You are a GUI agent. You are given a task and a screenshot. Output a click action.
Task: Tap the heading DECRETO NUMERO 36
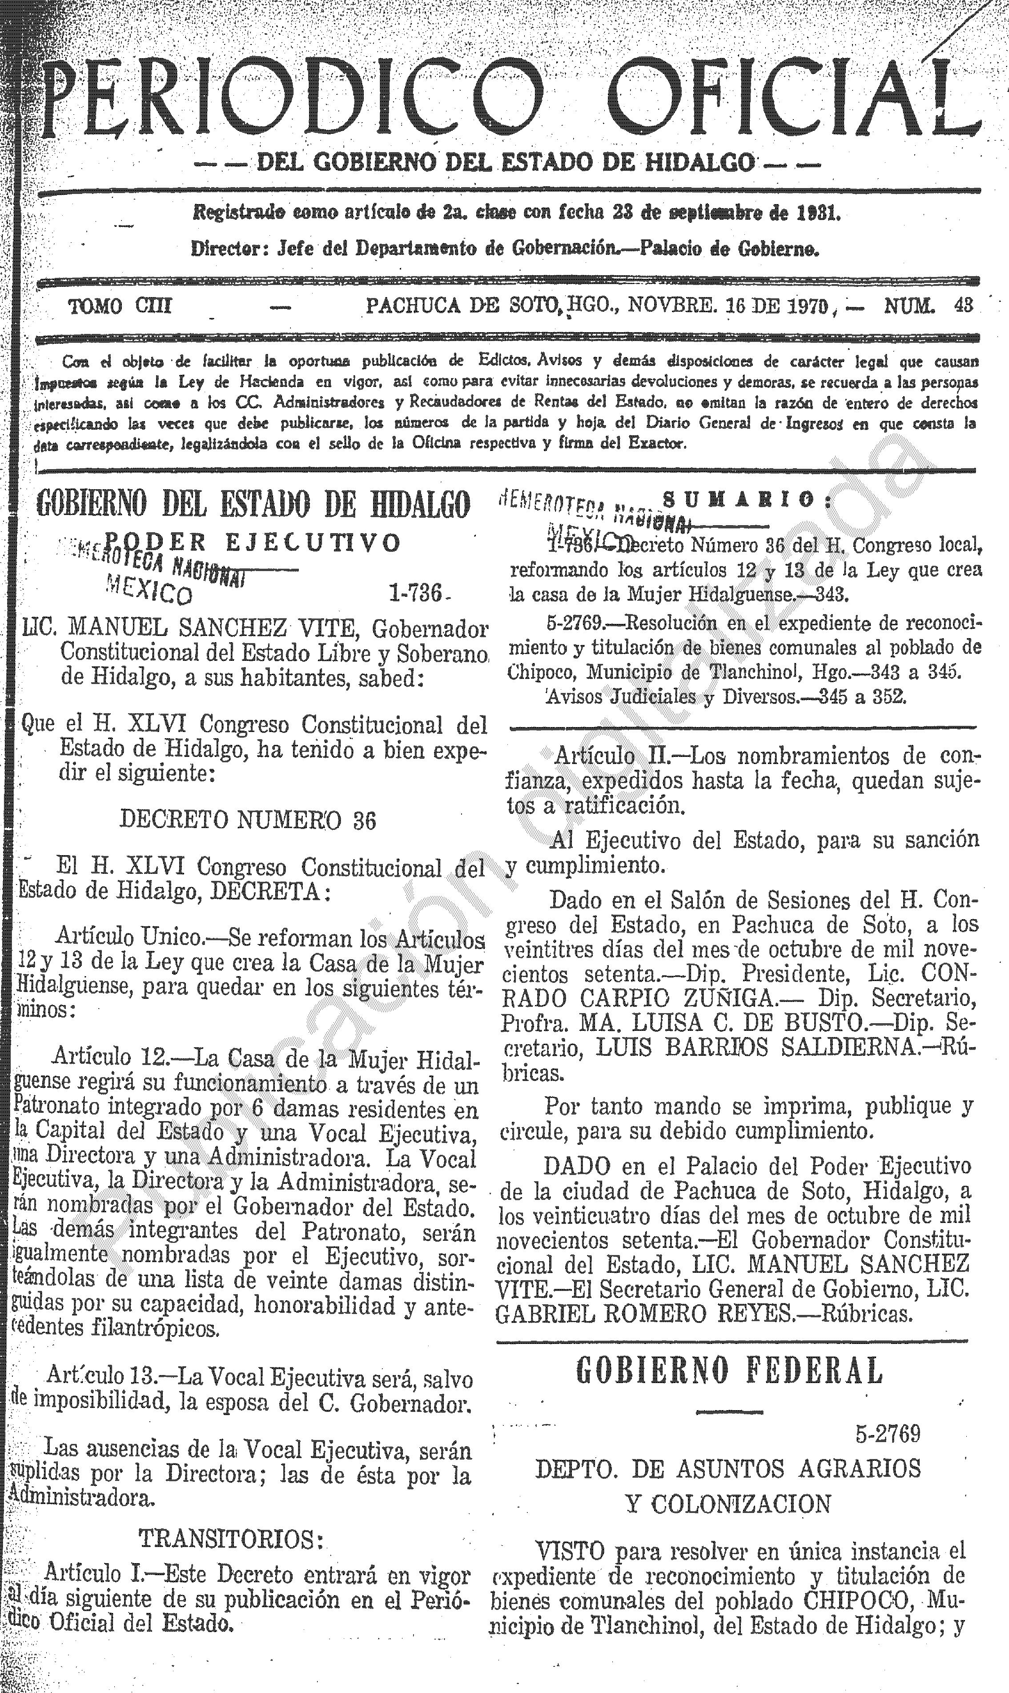click(248, 820)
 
